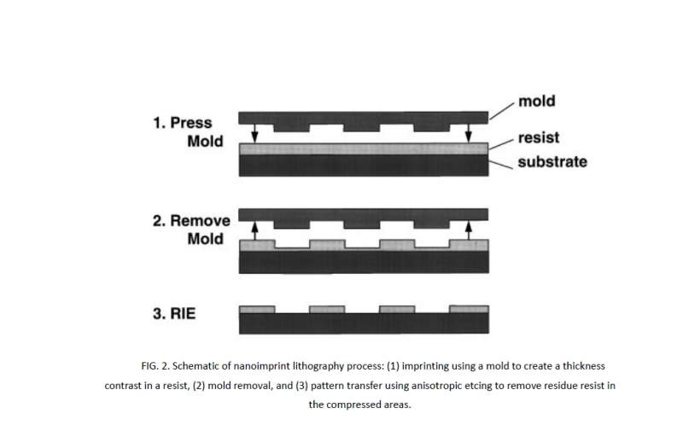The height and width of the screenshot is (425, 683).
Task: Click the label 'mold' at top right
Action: pyautogui.click(x=536, y=101)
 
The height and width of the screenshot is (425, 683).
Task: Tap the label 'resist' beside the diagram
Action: pyautogui.click(x=539, y=137)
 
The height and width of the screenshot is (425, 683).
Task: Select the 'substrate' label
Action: pyautogui.click(x=552, y=161)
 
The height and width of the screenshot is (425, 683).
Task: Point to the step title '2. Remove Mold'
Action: pyautogui.click(x=191, y=230)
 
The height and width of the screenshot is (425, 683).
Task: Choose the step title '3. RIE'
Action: pyautogui.click(x=175, y=313)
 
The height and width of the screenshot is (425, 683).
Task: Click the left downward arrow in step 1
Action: pyautogui.click(x=254, y=131)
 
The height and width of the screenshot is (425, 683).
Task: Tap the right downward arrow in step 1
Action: pyautogui.click(x=468, y=131)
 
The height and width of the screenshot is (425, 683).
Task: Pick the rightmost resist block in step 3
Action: pyautogui.click(x=468, y=309)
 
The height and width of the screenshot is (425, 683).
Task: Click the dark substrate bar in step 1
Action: pyautogui.click(x=365, y=166)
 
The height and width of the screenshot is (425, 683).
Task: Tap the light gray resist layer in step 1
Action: pyautogui.click(x=365, y=148)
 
